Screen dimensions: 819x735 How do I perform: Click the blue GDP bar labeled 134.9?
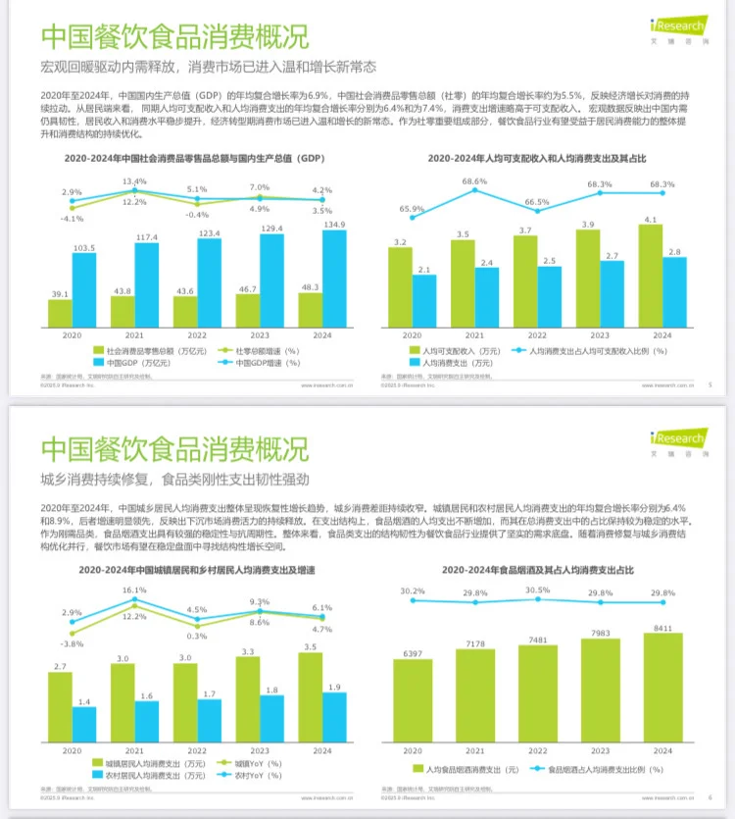(335, 279)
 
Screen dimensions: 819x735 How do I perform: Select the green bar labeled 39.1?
(60, 313)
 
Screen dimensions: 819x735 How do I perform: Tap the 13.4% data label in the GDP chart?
(134, 181)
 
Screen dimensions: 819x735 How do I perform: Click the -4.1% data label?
(73, 218)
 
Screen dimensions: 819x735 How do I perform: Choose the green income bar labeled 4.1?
(651, 276)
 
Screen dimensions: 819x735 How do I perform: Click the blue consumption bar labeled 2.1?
(423, 300)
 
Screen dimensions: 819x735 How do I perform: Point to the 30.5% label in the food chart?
(537, 590)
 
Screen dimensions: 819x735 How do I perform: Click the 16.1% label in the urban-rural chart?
(134, 590)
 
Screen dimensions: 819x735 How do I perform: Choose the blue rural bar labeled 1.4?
(84, 723)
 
